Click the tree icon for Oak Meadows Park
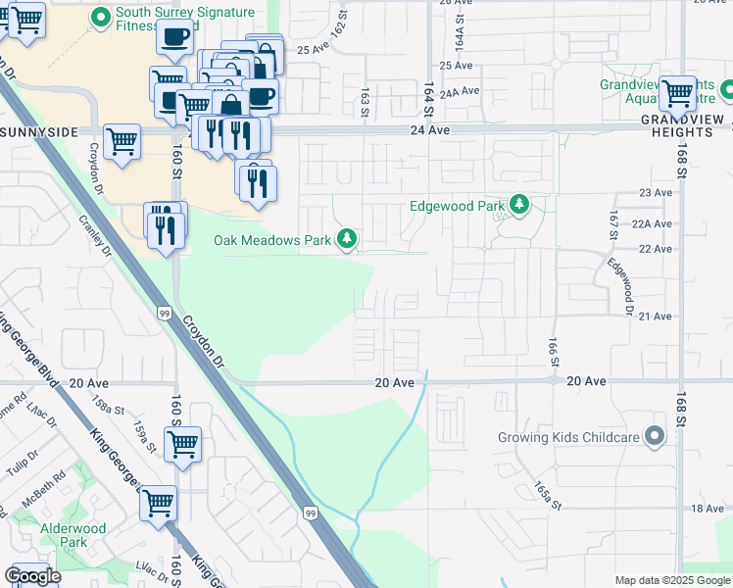(x=346, y=238)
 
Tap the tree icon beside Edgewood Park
(x=519, y=206)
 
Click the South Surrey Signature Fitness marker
(x=99, y=16)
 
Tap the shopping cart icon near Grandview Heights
(x=677, y=95)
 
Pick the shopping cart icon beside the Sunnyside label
(x=122, y=141)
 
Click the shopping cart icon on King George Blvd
(x=158, y=504)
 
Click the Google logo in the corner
(x=32, y=576)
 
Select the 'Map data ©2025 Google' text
(x=672, y=580)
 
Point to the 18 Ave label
(x=708, y=508)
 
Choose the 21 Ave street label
(x=655, y=316)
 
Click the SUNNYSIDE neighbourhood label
(x=35, y=130)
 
